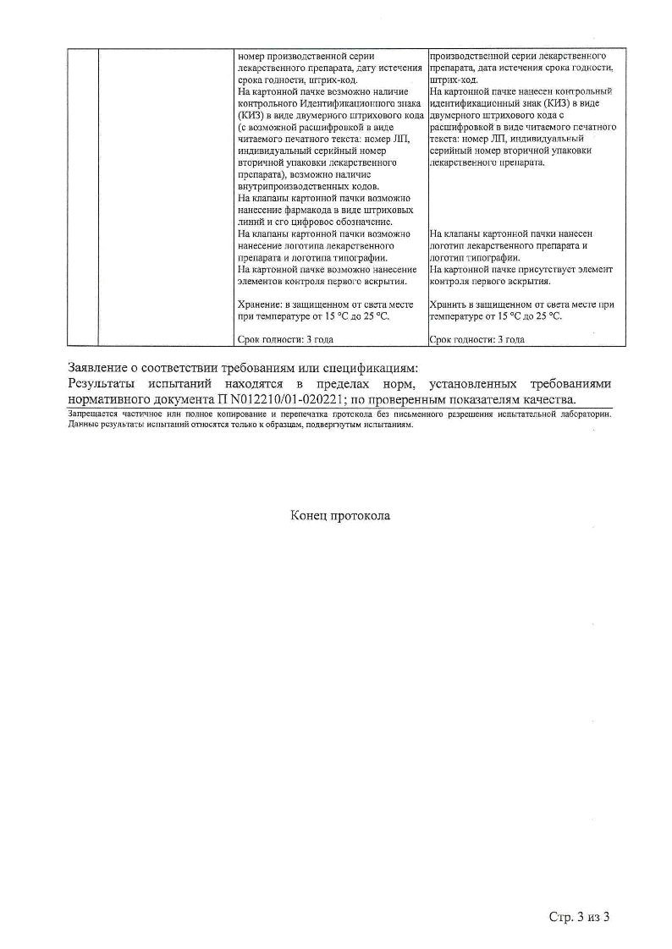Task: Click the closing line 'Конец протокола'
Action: [340, 516]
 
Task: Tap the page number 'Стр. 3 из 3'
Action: [579, 917]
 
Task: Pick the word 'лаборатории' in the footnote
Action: [585, 414]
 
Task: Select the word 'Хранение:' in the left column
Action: [261, 304]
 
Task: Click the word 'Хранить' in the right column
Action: [450, 304]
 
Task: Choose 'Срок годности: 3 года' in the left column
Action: [285, 339]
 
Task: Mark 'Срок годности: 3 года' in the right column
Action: [476, 339]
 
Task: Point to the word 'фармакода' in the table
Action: [316, 209]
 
